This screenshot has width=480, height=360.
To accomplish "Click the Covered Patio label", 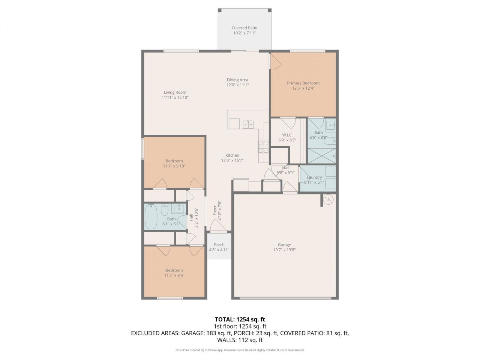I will point(244,28).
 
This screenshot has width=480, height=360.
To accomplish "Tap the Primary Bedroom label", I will point(303,83).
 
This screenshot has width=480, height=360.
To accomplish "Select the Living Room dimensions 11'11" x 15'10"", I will point(175,97).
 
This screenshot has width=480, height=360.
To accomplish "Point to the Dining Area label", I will point(237,80).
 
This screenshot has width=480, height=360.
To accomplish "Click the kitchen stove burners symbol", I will point(263,146).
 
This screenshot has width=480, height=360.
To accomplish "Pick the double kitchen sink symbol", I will point(248,124).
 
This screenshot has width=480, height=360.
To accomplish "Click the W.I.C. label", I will point(287,135).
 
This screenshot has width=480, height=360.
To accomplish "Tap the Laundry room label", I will point(314,177).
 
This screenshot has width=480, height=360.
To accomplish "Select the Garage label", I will point(284,245).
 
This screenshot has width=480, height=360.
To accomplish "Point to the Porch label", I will point(219,245).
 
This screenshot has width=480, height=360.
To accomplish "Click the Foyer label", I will point(215,210).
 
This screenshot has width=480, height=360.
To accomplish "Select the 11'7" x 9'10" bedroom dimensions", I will point(174,166).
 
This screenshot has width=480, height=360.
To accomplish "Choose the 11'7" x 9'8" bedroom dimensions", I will point(174,275).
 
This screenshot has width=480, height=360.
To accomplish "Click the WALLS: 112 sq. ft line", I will point(240,340).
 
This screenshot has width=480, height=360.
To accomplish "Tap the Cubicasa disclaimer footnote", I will point(240,350).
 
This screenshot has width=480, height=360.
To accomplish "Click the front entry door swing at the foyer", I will point(217,225).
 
